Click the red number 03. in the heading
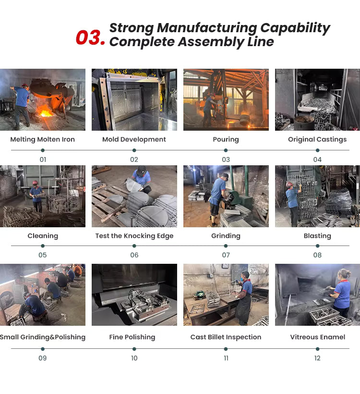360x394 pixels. coord(90,37)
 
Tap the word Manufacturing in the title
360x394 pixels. coord(207,28)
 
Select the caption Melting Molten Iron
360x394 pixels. coord(42,139)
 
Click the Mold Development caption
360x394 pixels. coord(134,139)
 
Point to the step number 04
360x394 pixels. coord(317,160)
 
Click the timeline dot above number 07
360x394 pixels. coord(226,246)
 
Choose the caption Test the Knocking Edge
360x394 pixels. coord(134,236)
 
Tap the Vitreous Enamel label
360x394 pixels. coord(318,337)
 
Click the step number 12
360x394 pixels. coord(317,358)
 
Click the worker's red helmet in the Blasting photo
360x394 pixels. coord(289,184)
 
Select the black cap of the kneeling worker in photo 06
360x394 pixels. coord(141,170)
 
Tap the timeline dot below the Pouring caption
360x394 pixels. coord(226,150)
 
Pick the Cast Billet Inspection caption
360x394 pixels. coord(226,337)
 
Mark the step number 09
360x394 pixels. coord(42,358)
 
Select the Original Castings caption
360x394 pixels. coord(317,139)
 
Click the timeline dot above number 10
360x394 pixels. coord(134,349)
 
